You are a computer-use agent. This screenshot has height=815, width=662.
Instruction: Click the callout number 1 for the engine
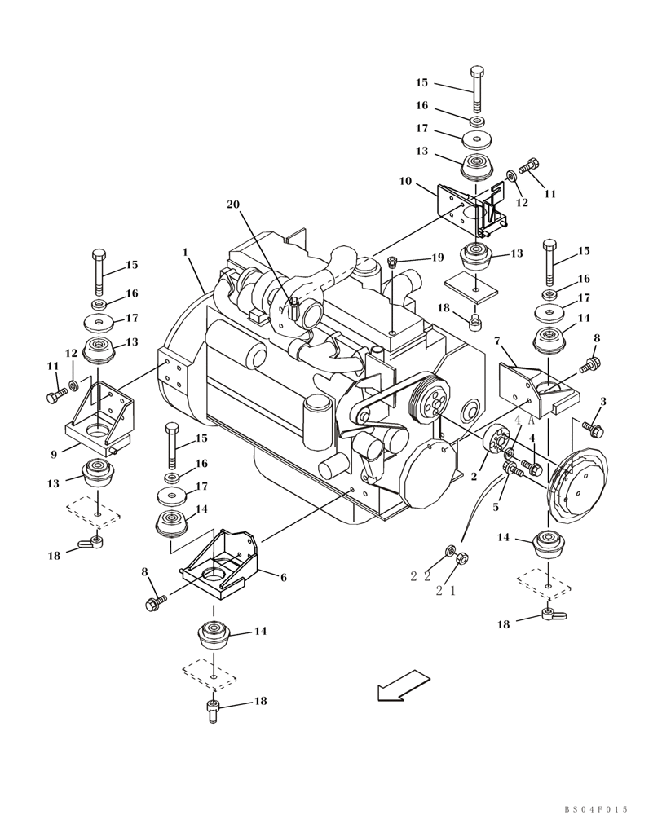[185, 253]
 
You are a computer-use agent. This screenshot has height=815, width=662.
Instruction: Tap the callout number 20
[235, 205]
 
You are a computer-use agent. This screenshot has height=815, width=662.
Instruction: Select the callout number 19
[437, 258]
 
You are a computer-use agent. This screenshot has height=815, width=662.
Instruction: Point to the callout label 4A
[523, 420]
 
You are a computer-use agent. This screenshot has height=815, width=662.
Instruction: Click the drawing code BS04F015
[596, 809]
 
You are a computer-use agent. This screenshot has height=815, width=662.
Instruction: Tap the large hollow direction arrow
[404, 685]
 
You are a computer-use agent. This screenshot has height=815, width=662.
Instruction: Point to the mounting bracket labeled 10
[474, 207]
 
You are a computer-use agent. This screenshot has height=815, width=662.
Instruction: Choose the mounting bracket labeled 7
[539, 386]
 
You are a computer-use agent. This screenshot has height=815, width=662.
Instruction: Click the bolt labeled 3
[593, 426]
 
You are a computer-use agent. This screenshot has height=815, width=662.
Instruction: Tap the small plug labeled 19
[392, 262]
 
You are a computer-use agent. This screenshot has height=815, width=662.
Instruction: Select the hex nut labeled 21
[459, 559]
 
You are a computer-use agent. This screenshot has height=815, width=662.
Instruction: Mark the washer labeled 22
[449, 553]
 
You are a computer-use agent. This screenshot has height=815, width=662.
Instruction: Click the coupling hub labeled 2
[494, 442]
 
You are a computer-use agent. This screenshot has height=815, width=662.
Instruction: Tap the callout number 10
[404, 182]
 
